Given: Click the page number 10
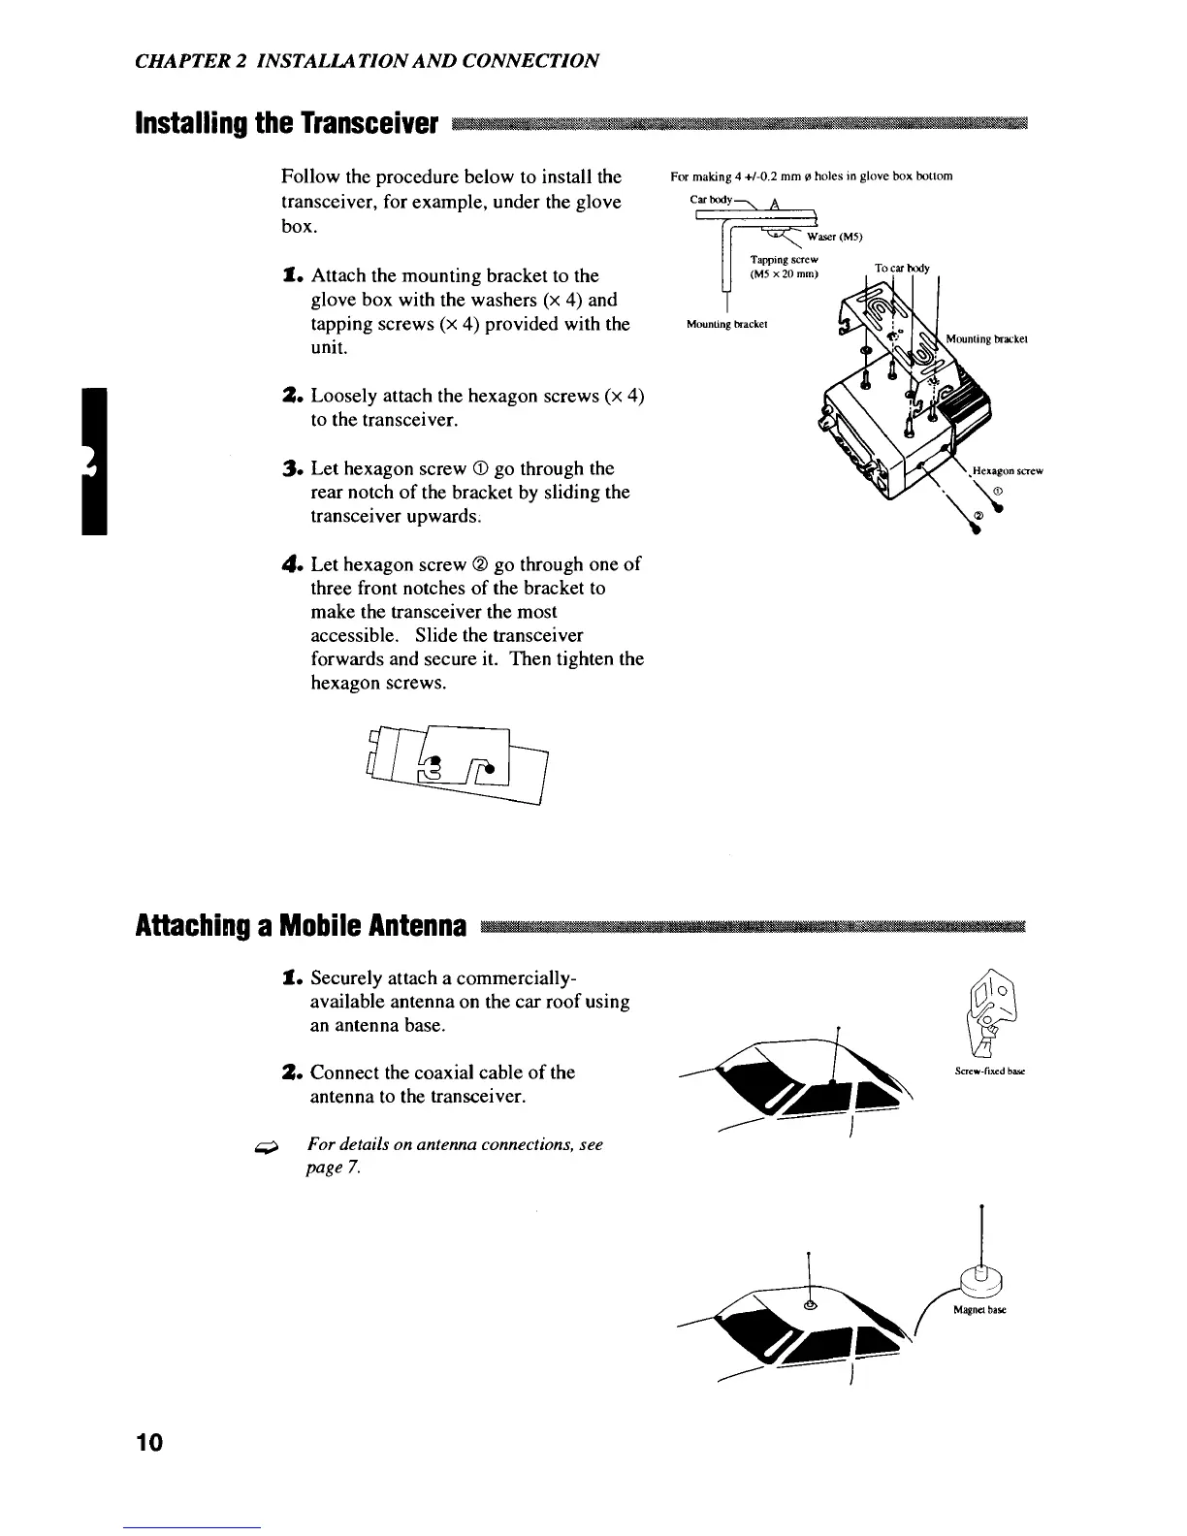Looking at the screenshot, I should pyautogui.click(x=150, y=1442).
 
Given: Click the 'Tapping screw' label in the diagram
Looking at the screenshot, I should pyautogui.click(x=786, y=260).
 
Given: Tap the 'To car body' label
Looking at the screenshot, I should pyautogui.click(x=901, y=268).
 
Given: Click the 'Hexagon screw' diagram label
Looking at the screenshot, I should pyautogui.click(x=1007, y=470).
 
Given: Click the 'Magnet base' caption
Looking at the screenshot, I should pyautogui.click(x=979, y=1309).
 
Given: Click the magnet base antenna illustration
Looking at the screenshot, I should pyautogui.click(x=981, y=1278).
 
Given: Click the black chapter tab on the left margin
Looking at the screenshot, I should pyautogui.click(x=95, y=460).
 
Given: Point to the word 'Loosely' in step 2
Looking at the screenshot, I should pyautogui.click(x=344, y=397).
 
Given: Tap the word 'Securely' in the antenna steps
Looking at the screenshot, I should pyautogui.click(x=347, y=978).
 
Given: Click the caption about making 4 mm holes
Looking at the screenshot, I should pyautogui.click(x=811, y=176).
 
